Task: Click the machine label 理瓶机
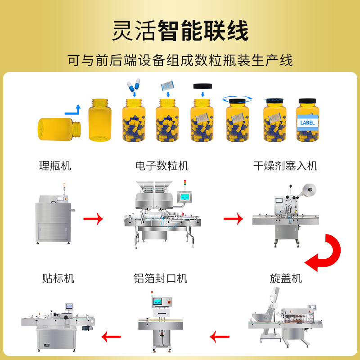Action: click(55, 166)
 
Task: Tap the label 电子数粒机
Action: click(162, 166)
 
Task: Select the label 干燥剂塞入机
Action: click(285, 166)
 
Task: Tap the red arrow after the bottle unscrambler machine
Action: click(94, 219)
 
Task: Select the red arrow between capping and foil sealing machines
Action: click(220, 335)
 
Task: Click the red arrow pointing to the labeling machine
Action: click(111, 335)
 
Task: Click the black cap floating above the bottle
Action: click(202, 85)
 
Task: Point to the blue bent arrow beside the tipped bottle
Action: click(72, 109)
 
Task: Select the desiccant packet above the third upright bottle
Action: click(168, 85)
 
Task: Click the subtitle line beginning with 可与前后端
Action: click(180, 60)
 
